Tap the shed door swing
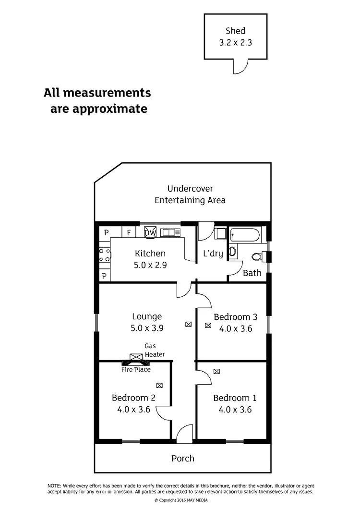click(x=240, y=66)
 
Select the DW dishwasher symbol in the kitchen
click(x=150, y=232)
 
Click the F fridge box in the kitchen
click(x=129, y=233)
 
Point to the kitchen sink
click(x=170, y=233)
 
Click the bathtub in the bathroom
click(x=245, y=235)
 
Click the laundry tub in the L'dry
click(x=219, y=234)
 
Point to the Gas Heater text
click(x=155, y=350)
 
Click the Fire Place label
click(x=136, y=369)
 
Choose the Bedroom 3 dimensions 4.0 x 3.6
click(x=235, y=329)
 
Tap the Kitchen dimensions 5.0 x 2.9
click(x=150, y=265)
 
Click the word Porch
click(x=183, y=459)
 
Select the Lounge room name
click(x=147, y=316)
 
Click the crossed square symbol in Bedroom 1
click(x=217, y=371)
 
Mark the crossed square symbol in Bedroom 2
click(x=159, y=385)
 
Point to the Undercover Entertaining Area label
click(x=190, y=194)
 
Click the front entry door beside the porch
click(x=184, y=434)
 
